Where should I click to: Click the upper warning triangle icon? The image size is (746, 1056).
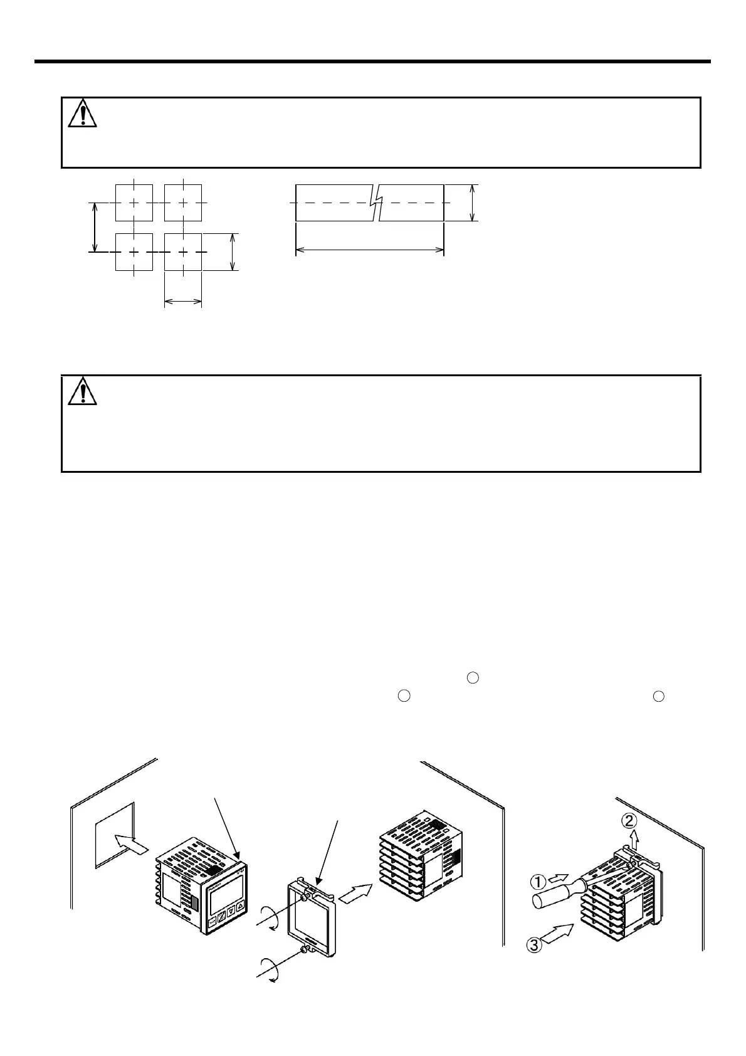click(82, 114)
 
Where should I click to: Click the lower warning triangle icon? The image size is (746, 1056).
click(82, 392)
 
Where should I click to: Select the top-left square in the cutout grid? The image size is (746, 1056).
click(134, 203)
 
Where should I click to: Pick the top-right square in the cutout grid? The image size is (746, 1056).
click(182, 203)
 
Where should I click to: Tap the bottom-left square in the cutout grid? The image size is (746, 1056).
click(134, 252)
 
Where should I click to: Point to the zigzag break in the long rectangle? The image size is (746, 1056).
click(376, 203)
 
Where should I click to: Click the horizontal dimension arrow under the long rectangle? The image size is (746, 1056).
click(369, 250)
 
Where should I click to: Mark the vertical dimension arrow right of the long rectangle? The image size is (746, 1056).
click(472, 203)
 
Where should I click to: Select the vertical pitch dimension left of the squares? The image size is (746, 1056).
click(95, 227)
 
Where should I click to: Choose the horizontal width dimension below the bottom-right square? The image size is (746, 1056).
click(182, 303)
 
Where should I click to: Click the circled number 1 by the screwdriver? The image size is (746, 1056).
click(537, 882)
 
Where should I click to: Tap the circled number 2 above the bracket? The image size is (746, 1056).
click(630, 819)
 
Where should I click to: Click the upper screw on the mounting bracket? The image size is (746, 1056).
click(303, 898)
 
